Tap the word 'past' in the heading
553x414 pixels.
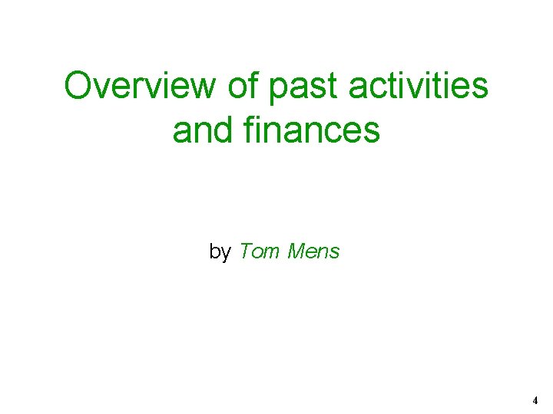click(303, 87)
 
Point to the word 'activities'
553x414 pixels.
click(419, 86)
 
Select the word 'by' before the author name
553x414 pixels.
click(220, 251)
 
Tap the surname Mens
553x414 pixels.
click(313, 251)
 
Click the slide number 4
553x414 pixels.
click(535, 400)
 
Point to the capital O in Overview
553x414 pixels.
click(79, 86)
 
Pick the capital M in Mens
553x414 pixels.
click(296, 251)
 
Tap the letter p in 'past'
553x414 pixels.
click(277, 90)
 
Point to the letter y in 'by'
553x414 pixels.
click(225, 253)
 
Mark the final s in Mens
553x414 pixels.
click(334, 252)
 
